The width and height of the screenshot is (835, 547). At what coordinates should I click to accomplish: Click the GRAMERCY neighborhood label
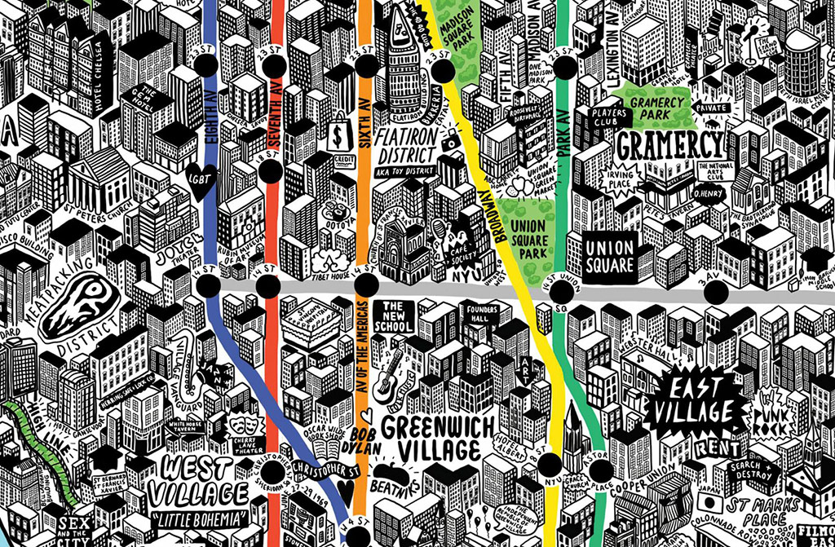point(670,146)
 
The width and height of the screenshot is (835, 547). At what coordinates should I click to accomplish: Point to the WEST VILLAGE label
point(204,480)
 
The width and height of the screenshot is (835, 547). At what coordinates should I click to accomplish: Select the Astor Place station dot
point(600,471)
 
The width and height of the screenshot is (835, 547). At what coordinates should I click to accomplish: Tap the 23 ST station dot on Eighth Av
point(205,64)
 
